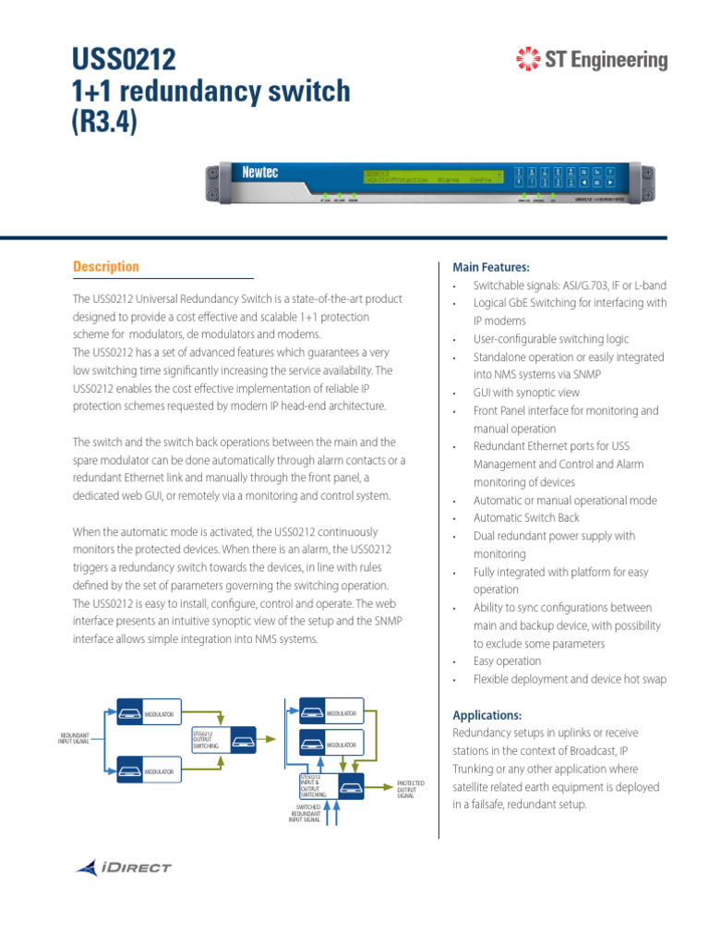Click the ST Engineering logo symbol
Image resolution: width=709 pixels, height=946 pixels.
[528, 61]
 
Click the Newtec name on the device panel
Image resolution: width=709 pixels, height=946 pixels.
[259, 173]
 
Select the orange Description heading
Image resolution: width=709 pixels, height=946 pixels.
[106, 267]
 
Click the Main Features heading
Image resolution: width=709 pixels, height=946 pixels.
[491, 267]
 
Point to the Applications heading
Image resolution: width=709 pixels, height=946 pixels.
[487, 715]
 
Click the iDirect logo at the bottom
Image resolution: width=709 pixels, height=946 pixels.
[124, 867]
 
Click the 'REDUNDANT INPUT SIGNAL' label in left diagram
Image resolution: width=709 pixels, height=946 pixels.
[75, 737]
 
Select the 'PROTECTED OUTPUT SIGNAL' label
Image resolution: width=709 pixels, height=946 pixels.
[411, 790]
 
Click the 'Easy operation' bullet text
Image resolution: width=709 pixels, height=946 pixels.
[507, 661]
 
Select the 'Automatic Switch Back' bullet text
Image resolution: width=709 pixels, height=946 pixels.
[526, 518]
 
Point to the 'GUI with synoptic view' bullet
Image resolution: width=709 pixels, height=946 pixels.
[526, 393]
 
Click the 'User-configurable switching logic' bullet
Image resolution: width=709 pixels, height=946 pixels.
[551, 339]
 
